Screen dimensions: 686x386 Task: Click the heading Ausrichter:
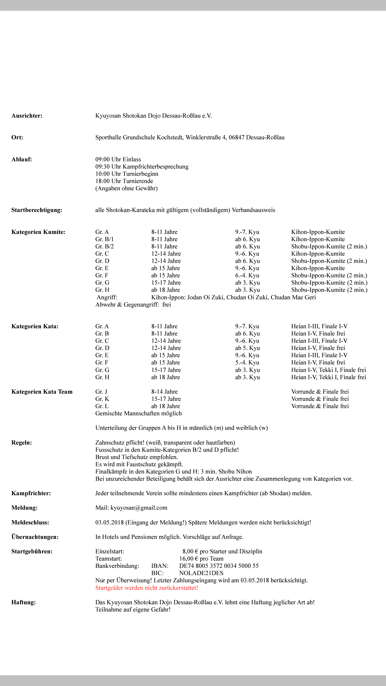(x=27, y=116)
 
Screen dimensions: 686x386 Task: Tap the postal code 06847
(x=236, y=137)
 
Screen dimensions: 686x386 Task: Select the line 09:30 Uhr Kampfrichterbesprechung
(x=142, y=167)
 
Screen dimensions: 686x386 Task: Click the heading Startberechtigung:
(x=37, y=210)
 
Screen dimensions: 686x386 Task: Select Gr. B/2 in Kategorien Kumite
(x=105, y=247)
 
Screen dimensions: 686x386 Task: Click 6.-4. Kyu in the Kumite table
(x=247, y=275)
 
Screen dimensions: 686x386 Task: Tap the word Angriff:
(x=107, y=297)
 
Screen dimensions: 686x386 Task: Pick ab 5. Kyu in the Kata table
(x=247, y=348)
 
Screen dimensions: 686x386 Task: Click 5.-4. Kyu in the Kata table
(x=247, y=363)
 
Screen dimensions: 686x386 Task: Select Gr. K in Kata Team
(x=102, y=399)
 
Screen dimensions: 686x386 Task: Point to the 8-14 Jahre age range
(x=164, y=392)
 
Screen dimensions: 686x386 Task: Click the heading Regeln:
(x=21, y=443)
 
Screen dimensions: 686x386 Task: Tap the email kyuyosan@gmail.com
(x=139, y=508)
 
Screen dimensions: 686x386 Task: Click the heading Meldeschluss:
(x=30, y=523)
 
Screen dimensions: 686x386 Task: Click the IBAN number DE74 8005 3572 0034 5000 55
(x=219, y=566)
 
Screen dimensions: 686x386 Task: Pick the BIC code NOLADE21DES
(x=201, y=573)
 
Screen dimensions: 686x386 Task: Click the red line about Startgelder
(x=147, y=588)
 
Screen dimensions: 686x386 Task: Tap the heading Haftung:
(x=23, y=602)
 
